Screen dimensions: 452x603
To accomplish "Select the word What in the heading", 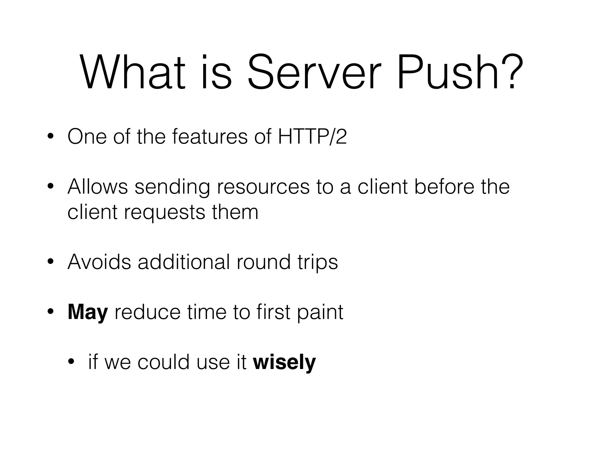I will (132, 72).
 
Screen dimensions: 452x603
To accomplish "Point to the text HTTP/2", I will (312, 137).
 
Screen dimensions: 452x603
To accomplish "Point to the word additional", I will (184, 262).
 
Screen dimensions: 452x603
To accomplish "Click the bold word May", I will (88, 312).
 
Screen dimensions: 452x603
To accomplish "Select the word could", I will (164, 362).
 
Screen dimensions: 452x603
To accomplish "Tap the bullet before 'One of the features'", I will (50, 137).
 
